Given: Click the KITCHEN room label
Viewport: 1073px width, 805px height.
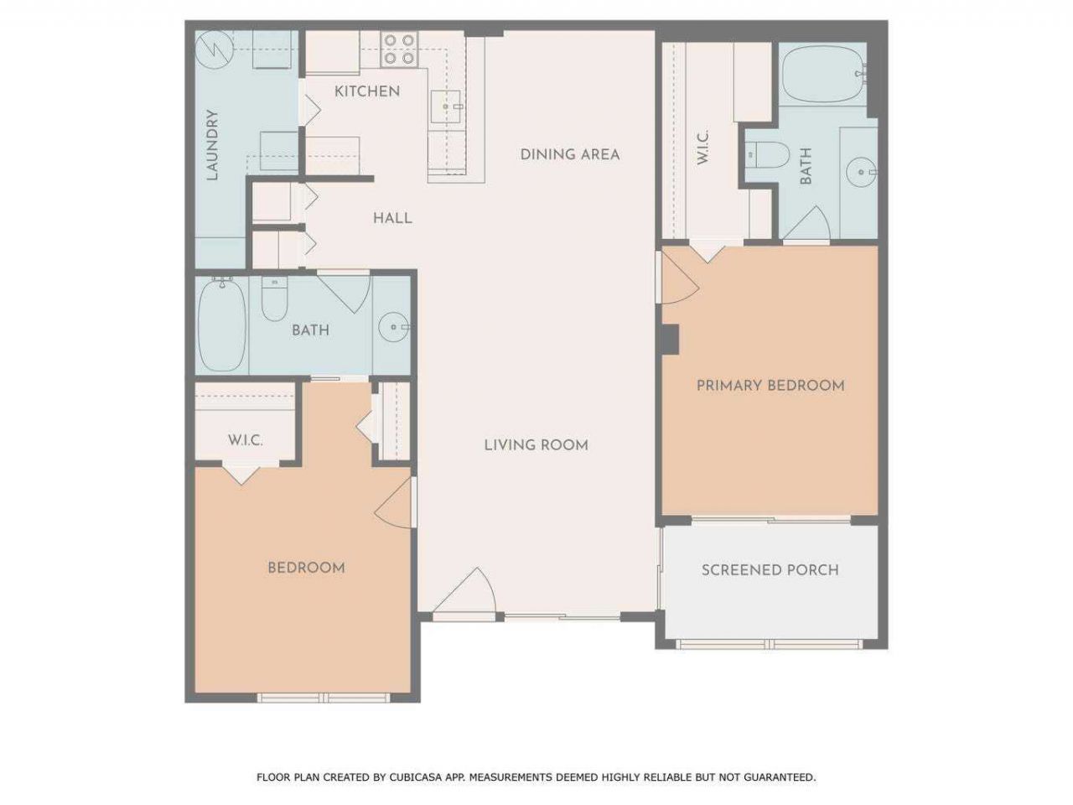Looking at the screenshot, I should [367, 91].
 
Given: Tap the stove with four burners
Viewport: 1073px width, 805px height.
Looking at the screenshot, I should [399, 49].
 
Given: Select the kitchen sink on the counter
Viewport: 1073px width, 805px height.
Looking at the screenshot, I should [445, 106].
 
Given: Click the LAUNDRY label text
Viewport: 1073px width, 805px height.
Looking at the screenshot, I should [212, 145].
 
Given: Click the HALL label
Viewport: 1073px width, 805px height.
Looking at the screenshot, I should [392, 218].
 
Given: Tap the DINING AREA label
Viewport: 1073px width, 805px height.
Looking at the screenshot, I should [569, 154].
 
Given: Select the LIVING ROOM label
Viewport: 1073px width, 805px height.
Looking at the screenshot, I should [536, 445].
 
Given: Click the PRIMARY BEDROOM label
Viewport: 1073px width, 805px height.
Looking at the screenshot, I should [770, 386].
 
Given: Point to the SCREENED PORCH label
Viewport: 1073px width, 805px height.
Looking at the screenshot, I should [770, 570].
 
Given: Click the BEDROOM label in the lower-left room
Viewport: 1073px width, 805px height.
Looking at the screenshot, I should [306, 568].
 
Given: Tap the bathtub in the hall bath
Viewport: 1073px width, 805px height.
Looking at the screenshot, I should [222, 325].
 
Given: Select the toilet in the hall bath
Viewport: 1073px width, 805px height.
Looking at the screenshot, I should [273, 302].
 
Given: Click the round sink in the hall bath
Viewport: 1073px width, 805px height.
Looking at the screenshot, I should [391, 327].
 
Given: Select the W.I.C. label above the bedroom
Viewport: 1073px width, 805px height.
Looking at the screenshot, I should [246, 440].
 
